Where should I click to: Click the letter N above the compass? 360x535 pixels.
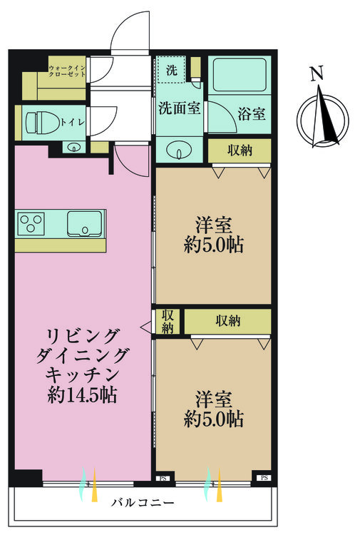pyautogui.click(x=317, y=73)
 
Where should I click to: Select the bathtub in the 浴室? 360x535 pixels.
pyautogui.click(x=240, y=75)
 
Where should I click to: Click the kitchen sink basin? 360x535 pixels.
pyautogui.click(x=85, y=223)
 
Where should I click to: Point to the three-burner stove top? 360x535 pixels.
pyautogui.click(x=31, y=223)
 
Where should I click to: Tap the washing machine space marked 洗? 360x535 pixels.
pyautogui.click(x=171, y=70)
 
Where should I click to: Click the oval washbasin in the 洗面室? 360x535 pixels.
pyautogui.click(x=179, y=150)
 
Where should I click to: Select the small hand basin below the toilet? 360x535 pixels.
pyautogui.click(x=73, y=148)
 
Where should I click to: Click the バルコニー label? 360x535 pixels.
pyautogui.click(x=143, y=502)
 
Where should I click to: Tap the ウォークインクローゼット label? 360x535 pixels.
pyautogui.click(x=67, y=71)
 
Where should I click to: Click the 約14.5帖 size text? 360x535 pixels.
pyautogui.click(x=82, y=395)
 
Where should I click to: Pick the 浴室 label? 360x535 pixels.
pyautogui.click(x=252, y=113)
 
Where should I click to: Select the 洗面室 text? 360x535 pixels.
pyautogui.click(x=180, y=108)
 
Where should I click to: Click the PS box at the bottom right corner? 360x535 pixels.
pyautogui.click(x=264, y=478)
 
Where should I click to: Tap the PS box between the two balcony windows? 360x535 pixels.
pyautogui.click(x=163, y=479)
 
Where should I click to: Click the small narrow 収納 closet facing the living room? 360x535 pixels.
pyautogui.click(x=168, y=322)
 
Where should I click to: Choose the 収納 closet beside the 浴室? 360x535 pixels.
pyautogui.click(x=240, y=151)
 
